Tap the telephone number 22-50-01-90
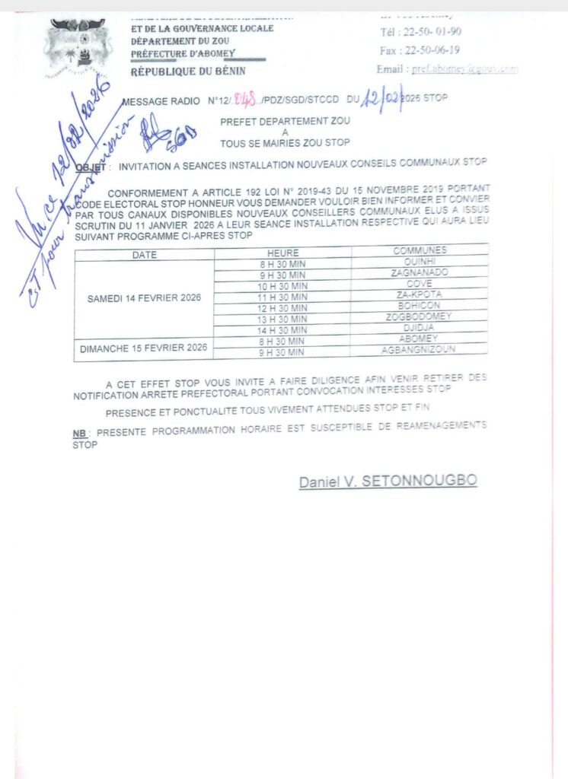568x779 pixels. [420, 32]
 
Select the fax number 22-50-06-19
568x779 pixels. [420, 50]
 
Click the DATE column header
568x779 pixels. [145, 255]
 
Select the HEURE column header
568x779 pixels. [282, 253]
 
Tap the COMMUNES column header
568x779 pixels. [420, 250]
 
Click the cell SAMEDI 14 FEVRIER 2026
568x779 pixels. [145, 297]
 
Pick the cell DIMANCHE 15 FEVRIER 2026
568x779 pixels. [145, 348]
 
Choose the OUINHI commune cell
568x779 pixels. [420, 260]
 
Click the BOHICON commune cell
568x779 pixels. [420, 305]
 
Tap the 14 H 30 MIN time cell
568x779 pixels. [282, 330]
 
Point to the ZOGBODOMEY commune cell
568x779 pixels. [420, 316]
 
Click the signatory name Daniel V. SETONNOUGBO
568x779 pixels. [388, 481]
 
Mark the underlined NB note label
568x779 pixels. [79, 433]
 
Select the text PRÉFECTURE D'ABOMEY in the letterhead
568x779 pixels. [183, 53]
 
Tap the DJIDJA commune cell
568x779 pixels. [420, 327]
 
